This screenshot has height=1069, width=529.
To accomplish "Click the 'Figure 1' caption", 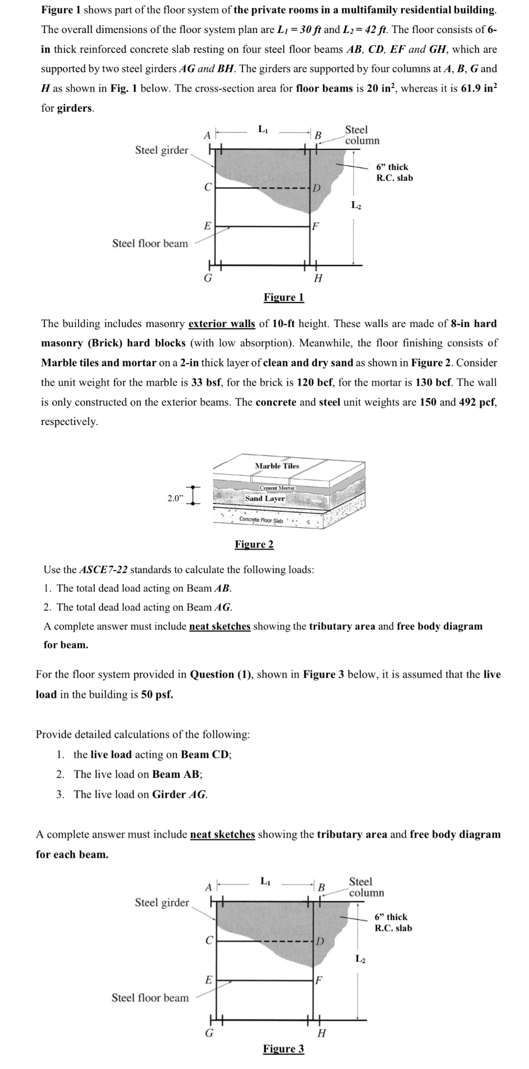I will [x=283, y=298].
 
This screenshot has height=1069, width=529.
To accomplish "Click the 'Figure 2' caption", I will [x=254, y=544].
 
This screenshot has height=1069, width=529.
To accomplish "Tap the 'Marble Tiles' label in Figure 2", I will [x=277, y=466].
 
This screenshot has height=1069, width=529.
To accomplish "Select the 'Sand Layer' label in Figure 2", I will [x=265, y=498].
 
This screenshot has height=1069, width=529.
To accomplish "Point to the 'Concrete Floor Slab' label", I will [x=261, y=520].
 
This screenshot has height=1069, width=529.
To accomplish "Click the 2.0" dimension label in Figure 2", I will [x=176, y=498].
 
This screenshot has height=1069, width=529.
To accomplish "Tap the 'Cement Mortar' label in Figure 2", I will [x=278, y=488].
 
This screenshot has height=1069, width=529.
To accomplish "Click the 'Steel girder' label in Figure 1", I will [x=161, y=150].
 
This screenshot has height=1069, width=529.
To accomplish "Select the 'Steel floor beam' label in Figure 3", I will [x=150, y=997].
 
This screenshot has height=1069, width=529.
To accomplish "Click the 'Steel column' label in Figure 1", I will [x=361, y=135].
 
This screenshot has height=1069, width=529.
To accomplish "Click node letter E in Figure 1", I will [x=207, y=226].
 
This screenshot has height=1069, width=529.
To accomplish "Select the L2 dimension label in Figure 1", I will [x=356, y=205].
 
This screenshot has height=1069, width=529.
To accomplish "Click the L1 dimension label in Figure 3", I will [x=266, y=881].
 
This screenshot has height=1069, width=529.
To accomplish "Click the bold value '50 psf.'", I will [x=157, y=694].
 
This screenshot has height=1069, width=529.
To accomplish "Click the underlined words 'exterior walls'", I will [x=222, y=324].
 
